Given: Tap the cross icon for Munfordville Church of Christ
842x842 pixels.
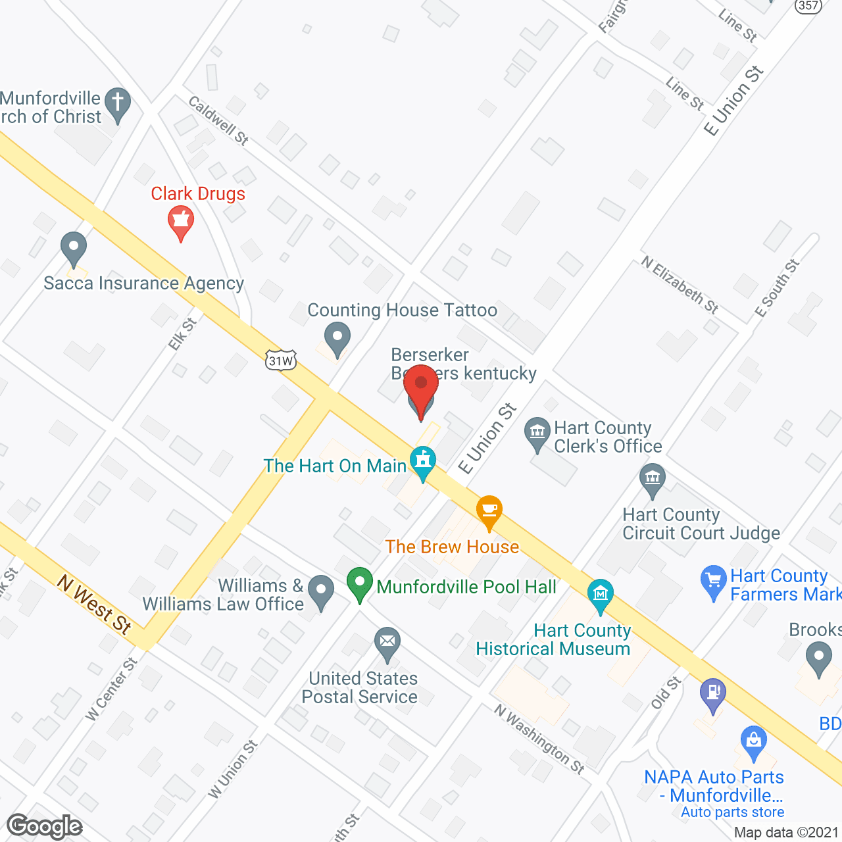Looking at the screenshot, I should click(x=118, y=104).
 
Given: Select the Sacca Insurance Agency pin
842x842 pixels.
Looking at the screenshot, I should click(x=74, y=249).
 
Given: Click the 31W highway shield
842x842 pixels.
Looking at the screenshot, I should click(x=281, y=360).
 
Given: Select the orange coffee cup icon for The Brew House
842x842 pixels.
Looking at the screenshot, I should click(x=489, y=511).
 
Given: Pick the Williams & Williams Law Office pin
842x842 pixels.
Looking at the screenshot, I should click(x=321, y=591).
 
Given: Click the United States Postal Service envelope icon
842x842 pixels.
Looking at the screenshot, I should click(x=387, y=643).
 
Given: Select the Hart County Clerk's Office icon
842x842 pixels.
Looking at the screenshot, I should click(x=537, y=433).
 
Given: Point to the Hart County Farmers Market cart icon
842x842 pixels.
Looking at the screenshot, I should click(x=714, y=582).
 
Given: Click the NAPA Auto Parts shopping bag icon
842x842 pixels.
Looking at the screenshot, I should click(x=754, y=741).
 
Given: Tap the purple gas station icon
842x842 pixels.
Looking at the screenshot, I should click(x=713, y=694).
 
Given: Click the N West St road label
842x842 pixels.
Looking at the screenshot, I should click(x=94, y=604).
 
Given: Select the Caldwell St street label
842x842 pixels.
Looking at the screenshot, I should click(x=218, y=120).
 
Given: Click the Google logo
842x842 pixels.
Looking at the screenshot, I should click(x=45, y=826).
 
